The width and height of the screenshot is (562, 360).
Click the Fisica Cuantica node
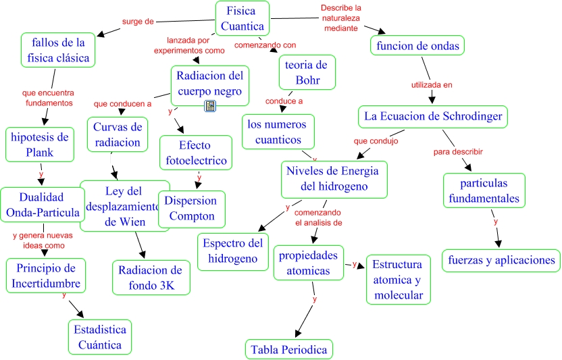tap(242, 18)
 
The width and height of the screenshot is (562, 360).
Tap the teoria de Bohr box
tap(307, 73)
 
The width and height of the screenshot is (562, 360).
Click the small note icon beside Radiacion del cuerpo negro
tap(210, 105)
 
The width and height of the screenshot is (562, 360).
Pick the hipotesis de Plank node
tap(39, 145)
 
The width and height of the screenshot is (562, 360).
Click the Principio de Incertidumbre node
tap(46, 275)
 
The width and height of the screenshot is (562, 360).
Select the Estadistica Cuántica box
tap(99, 337)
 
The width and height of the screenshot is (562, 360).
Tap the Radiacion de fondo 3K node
tap(151, 278)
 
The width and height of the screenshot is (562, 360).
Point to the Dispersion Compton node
tap(192, 209)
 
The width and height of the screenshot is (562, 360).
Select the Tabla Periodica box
tap(288, 349)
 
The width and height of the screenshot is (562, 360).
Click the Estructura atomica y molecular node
tap(398, 279)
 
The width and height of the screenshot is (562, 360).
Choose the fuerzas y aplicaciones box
tap(501, 260)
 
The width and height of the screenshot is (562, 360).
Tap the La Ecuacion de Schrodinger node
tap(433, 116)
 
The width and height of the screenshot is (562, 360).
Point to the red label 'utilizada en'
tap(432, 85)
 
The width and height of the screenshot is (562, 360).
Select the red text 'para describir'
tap(458, 151)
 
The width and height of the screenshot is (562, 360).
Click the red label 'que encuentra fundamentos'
tap(47, 98)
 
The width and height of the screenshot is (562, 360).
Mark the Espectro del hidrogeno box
tap(232, 251)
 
